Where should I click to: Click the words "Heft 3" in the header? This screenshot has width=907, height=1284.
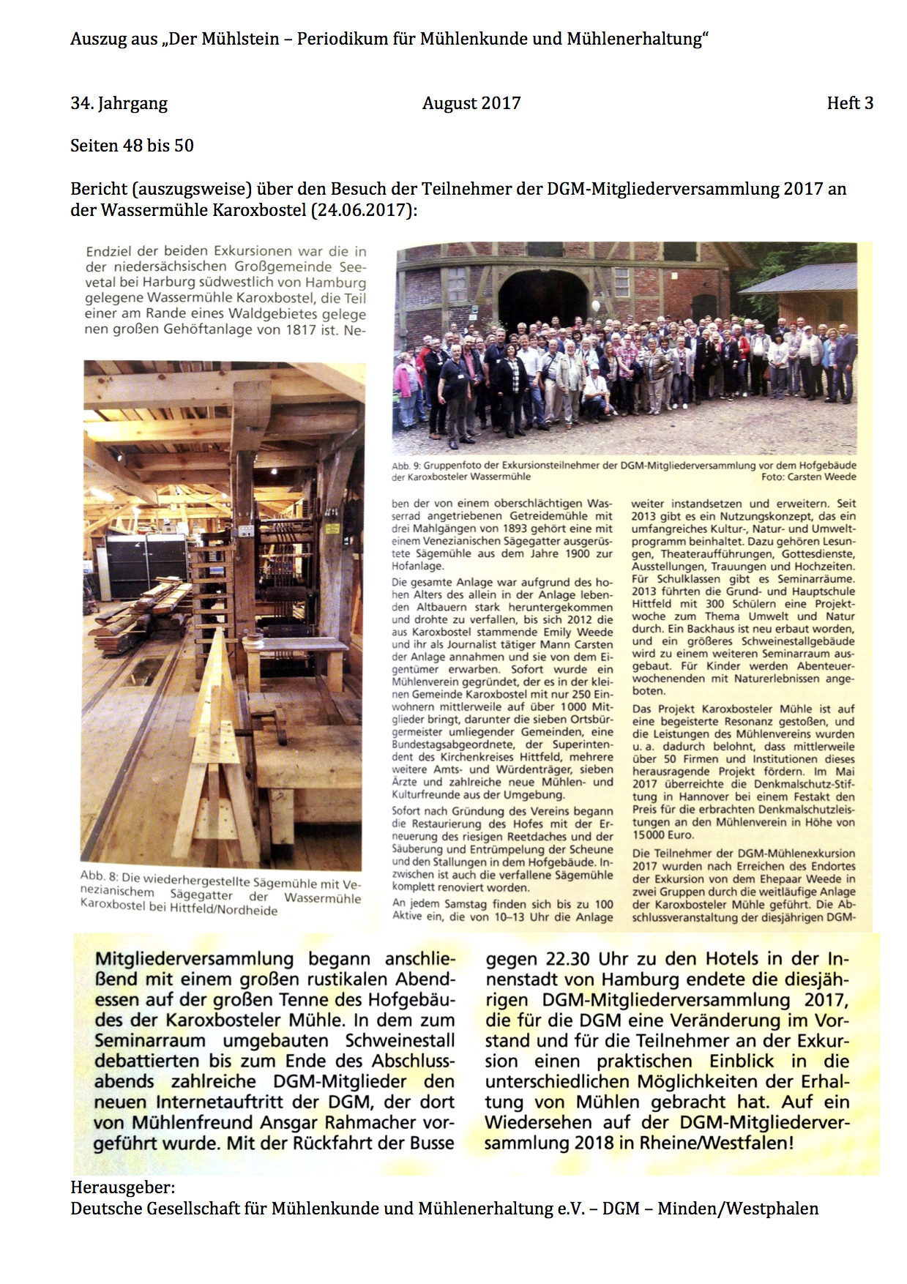coord(850,103)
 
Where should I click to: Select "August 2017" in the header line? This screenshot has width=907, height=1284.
coord(471,103)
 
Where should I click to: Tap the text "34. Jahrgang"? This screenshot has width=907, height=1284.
coord(119,103)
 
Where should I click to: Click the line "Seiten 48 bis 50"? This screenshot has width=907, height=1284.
coord(132,146)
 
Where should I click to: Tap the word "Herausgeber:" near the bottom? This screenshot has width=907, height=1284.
coord(123,1187)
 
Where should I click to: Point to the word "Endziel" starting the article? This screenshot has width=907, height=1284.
coord(108,251)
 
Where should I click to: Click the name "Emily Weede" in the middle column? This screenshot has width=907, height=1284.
coord(578,632)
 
